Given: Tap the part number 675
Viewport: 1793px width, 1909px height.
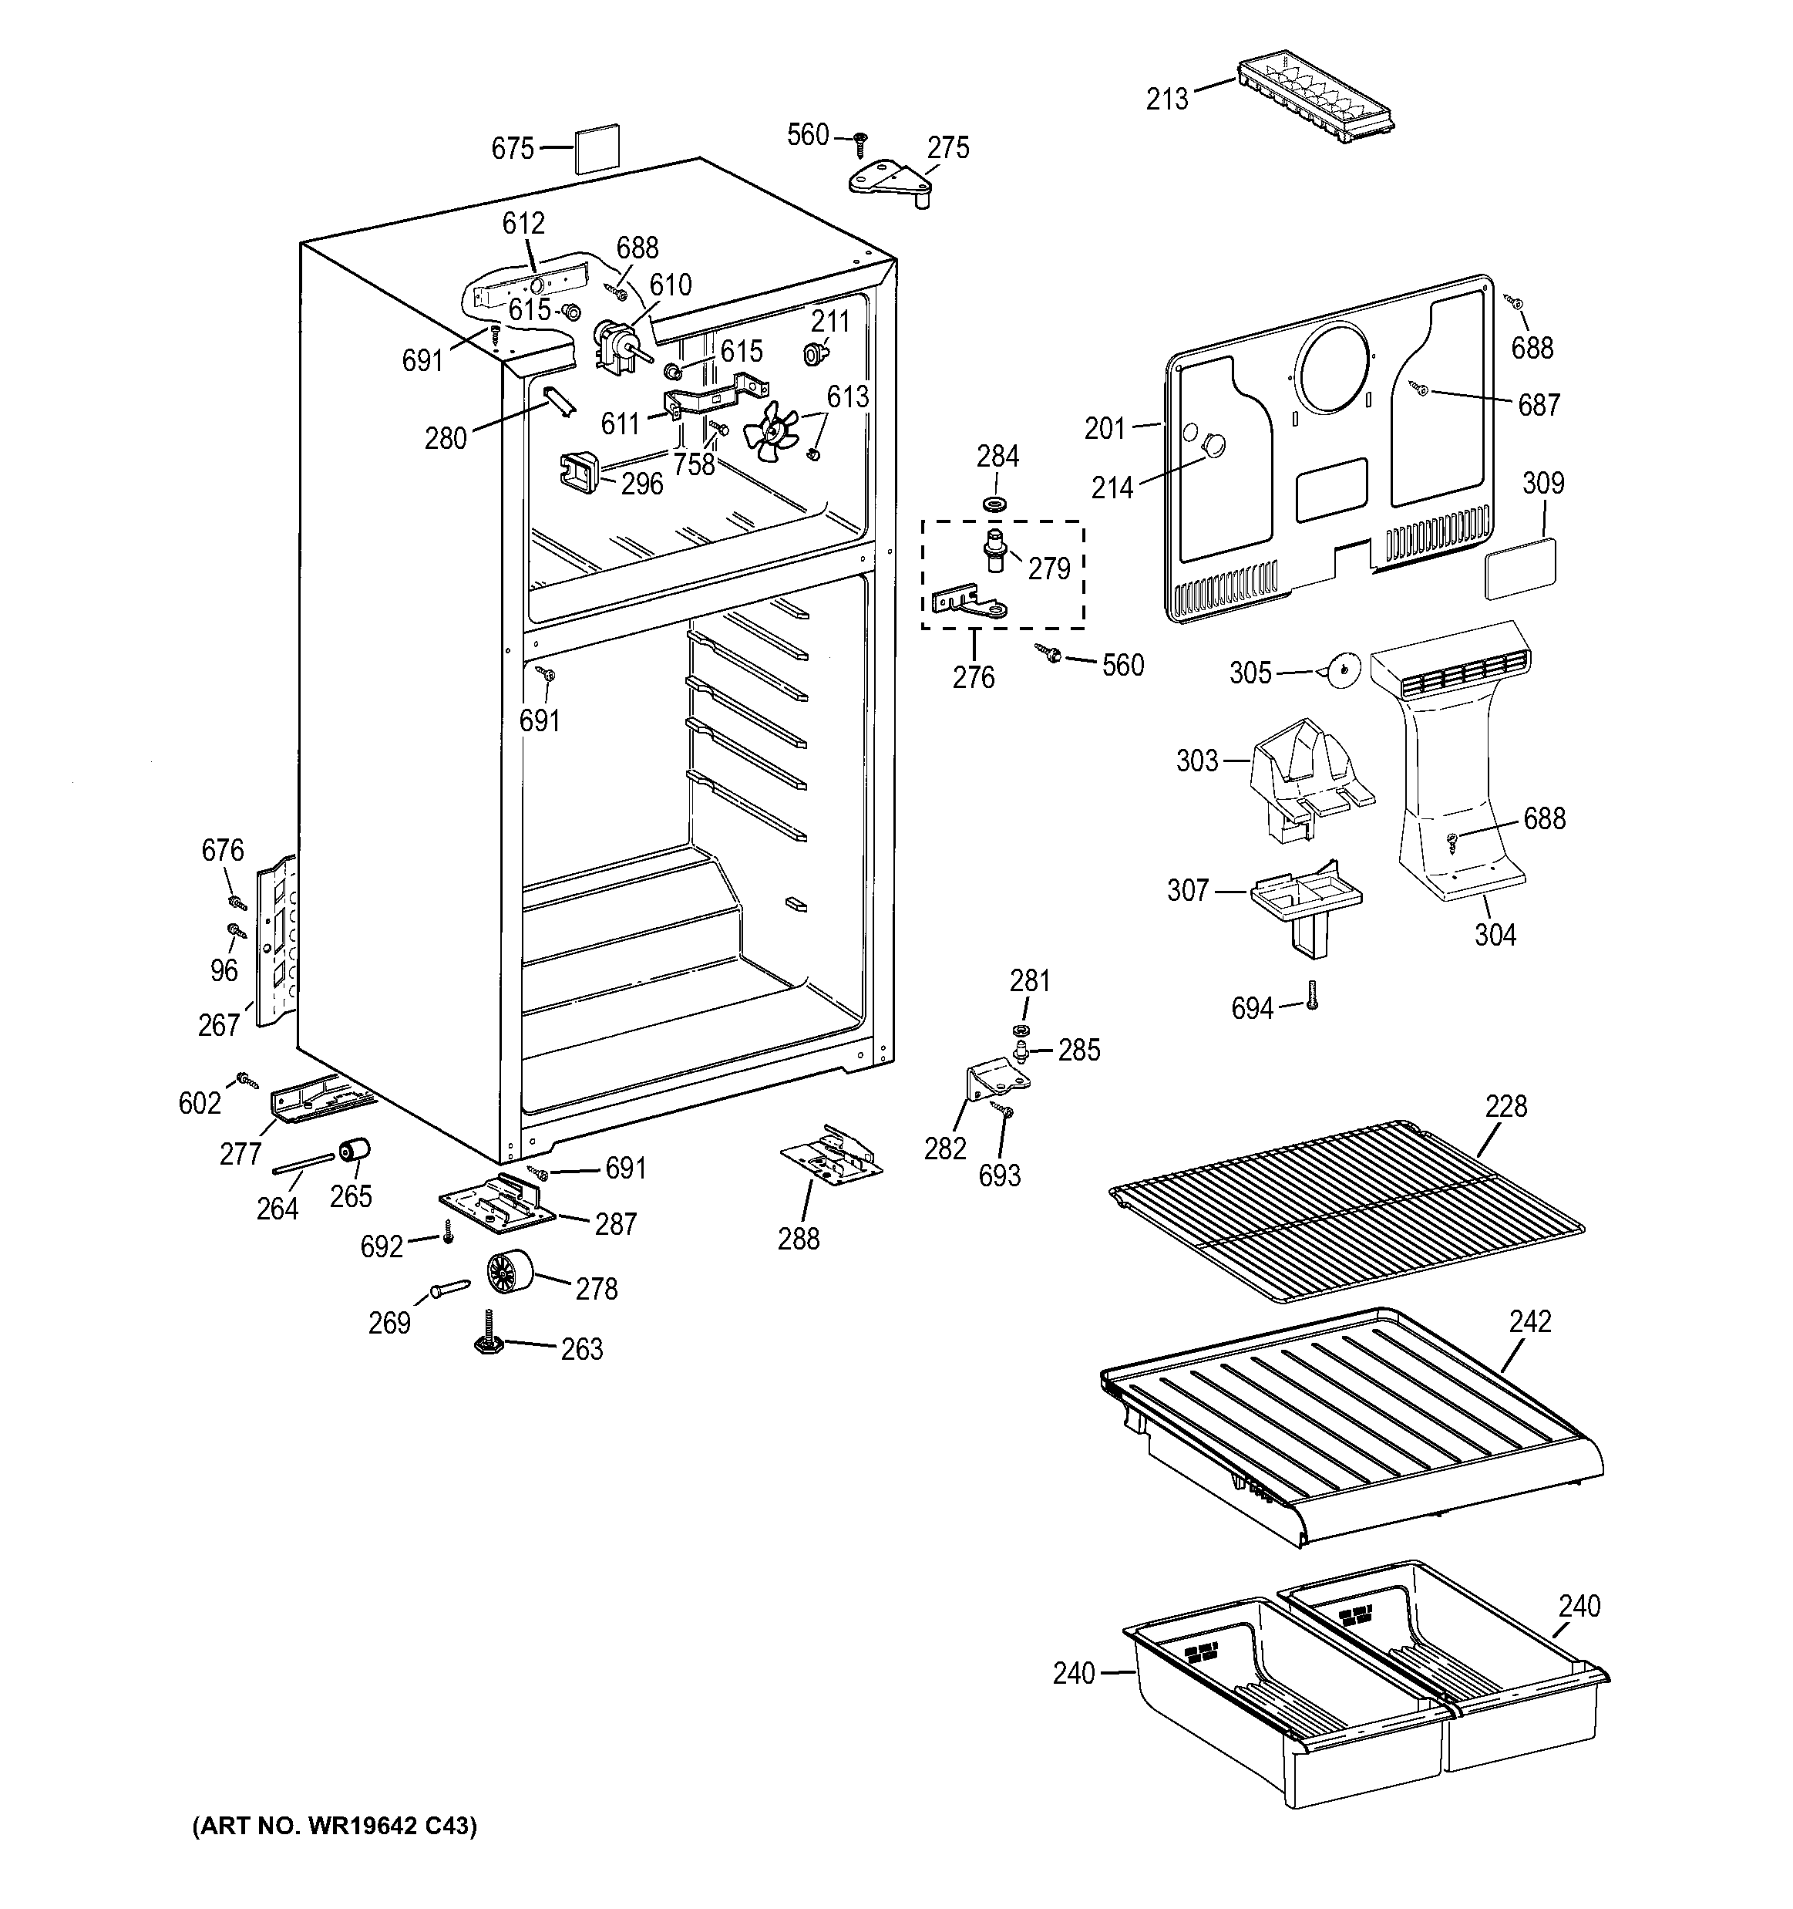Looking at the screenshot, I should [x=512, y=149].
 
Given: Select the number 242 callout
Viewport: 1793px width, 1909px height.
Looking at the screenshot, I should [x=1529, y=1321].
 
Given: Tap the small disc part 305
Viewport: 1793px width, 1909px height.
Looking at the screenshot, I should [x=1344, y=669].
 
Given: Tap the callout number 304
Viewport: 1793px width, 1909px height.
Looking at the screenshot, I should [x=1495, y=934].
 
